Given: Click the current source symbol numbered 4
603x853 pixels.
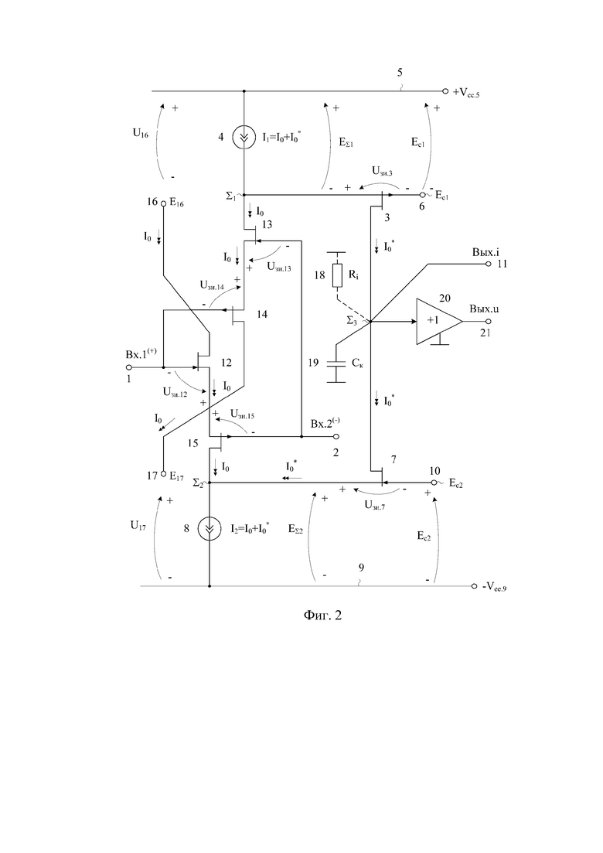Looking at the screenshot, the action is click(x=243, y=138).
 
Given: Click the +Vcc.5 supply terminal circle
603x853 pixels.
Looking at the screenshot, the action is click(x=445, y=91).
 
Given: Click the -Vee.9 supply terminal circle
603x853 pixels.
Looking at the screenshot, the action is click(x=474, y=586).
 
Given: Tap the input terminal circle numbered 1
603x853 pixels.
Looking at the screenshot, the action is click(x=129, y=367).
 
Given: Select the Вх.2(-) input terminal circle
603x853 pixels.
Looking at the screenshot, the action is click(x=336, y=436).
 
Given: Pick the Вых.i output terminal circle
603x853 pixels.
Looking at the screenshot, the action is click(x=489, y=264).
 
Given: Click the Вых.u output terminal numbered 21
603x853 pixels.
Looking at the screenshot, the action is click(x=489, y=321).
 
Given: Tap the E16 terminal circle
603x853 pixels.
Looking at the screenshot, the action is click(x=163, y=203).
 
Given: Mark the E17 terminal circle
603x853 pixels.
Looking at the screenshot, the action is click(x=163, y=474).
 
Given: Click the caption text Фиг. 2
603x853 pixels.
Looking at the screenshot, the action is click(x=322, y=616).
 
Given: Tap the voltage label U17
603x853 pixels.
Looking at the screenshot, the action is click(x=138, y=526).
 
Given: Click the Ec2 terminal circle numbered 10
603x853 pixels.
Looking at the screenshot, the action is click(x=434, y=483).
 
